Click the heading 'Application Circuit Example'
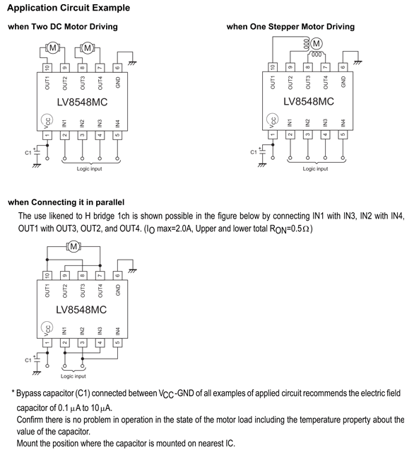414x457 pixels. point(69,8)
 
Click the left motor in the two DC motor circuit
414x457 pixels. point(53,47)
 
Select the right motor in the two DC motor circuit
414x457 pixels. point(88,47)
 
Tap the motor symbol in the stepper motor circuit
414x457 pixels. point(317,43)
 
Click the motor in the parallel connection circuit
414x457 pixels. point(73,247)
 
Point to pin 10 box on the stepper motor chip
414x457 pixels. point(273,67)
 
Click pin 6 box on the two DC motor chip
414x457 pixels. point(117,68)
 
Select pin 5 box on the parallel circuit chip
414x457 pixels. point(117,342)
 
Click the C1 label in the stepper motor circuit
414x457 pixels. point(254,152)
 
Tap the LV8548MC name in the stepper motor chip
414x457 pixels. point(309,101)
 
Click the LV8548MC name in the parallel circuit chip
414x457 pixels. point(81,310)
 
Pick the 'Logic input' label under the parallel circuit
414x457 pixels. point(73,376)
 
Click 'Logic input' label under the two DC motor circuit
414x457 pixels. point(90,169)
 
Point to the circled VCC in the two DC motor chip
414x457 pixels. point(47,120)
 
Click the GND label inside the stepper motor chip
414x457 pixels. point(343,81)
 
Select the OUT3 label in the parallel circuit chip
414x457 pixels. point(83,291)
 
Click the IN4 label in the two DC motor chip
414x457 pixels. point(117,124)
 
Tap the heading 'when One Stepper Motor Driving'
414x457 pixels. point(290,26)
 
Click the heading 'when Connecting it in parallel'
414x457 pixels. point(66,202)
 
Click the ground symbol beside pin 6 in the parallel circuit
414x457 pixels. point(133,271)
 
